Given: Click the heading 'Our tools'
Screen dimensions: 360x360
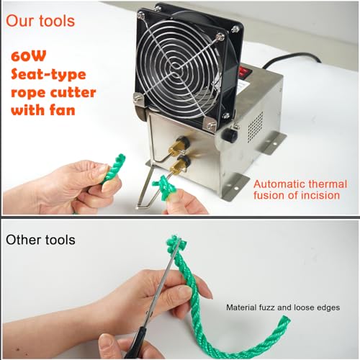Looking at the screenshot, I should coord(41,21).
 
